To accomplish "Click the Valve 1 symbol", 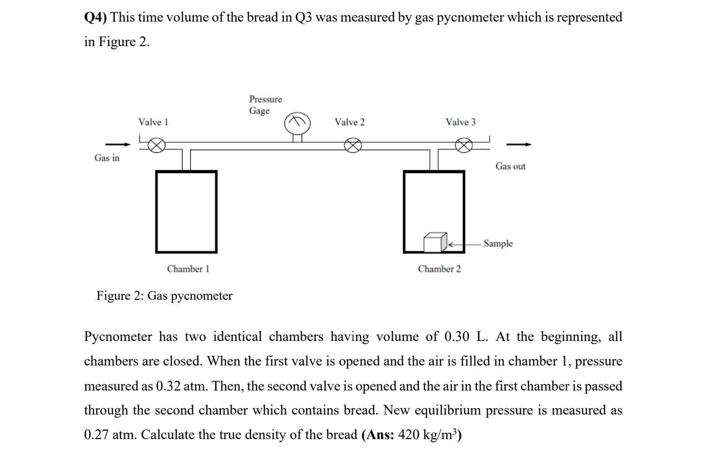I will (x=157, y=145).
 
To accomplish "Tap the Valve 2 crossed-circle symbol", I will (x=352, y=145).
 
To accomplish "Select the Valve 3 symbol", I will (x=464, y=145).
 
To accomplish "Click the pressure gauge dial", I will (x=297, y=124).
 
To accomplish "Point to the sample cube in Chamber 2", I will (x=435, y=242).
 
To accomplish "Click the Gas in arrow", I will (x=118, y=144).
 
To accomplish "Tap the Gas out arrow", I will (x=519, y=144).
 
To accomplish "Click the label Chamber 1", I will (x=188, y=269).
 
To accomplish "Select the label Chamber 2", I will (x=439, y=269).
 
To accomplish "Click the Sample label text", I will (x=498, y=243).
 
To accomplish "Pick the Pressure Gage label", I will (x=265, y=105).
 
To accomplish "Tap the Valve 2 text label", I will (x=349, y=122).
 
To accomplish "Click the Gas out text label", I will (x=510, y=166).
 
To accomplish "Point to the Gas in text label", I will (x=107, y=158).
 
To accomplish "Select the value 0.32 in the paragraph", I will (x=168, y=386).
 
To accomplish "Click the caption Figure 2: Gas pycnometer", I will (x=164, y=296).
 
